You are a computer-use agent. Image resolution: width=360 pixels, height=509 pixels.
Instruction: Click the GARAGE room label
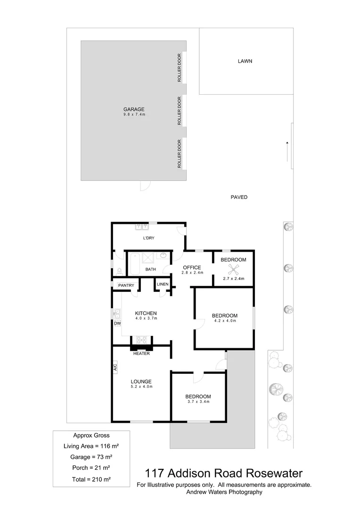point(134,109)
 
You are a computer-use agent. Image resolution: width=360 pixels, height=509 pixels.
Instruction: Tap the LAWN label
point(245,61)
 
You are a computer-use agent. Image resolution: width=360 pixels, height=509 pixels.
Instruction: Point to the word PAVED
point(239,197)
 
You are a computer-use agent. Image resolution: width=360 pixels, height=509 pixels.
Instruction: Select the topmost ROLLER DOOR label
point(180,69)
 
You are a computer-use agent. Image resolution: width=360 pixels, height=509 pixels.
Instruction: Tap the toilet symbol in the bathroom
point(119,271)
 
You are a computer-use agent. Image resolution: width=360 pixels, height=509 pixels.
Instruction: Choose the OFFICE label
point(192,267)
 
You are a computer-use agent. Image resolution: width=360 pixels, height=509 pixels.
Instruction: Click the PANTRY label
point(126,286)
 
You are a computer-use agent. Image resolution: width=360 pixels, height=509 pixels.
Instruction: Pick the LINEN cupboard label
point(163,285)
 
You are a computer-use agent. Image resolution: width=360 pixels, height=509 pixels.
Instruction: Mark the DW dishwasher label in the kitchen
point(117,323)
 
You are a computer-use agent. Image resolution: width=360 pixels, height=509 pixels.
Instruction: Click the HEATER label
point(141,353)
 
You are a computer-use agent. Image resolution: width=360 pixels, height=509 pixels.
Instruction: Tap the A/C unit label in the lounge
point(115,367)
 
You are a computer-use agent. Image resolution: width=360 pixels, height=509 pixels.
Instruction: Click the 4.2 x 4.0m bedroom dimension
point(224,321)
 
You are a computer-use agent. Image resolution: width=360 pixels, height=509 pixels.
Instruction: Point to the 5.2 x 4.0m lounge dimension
point(141,386)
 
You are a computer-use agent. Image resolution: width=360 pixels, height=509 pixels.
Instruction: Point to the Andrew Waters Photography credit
point(224,492)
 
